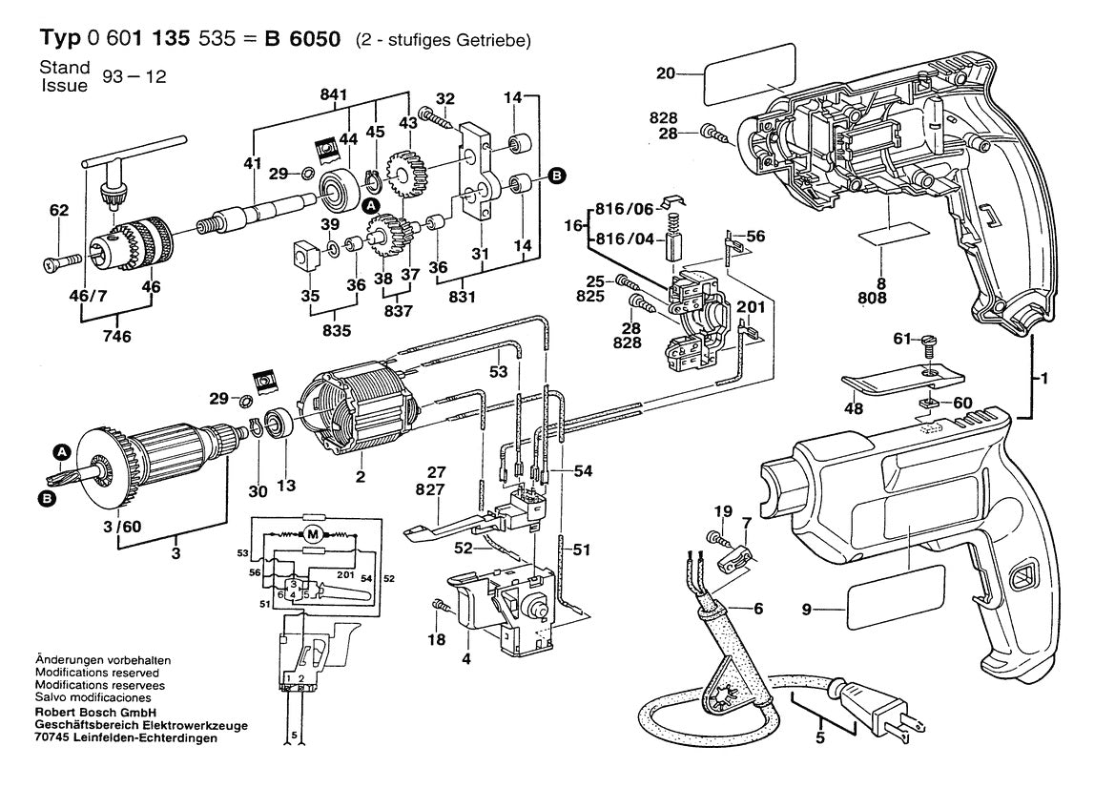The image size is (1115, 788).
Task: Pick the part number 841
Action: [334, 93]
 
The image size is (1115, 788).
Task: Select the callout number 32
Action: [445, 97]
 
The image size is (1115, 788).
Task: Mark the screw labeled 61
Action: [931, 339]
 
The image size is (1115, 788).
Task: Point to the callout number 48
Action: [853, 408]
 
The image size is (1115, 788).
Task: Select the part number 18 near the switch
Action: [436, 639]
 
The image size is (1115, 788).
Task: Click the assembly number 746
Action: [116, 336]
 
